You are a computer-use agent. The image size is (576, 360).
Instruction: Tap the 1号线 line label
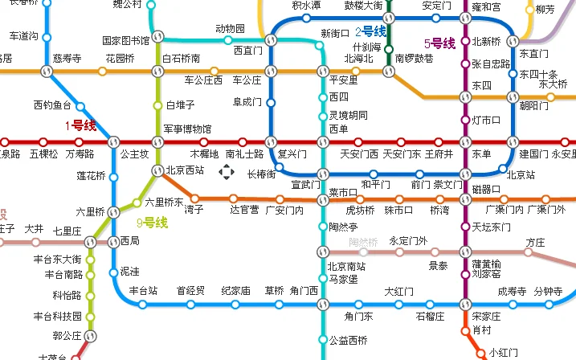pos(80,125)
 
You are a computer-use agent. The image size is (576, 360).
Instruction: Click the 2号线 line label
pos(370,32)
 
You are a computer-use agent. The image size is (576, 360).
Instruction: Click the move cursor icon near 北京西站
pos(227,171)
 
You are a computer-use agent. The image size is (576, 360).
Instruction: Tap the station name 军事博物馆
pos(187,129)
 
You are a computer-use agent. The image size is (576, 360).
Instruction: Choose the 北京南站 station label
pos(347,266)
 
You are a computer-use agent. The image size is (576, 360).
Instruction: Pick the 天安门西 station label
pos(359,153)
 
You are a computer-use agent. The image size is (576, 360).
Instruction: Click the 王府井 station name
pos(439,153)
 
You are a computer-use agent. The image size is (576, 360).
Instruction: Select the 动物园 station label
pos(230,29)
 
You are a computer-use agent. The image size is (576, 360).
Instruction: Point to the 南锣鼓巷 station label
pos(414,59)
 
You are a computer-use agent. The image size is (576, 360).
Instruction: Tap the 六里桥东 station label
pos(164,202)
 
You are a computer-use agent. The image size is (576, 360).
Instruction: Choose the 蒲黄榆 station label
pos(486,264)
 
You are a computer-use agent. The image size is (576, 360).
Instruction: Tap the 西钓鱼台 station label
pos(52,105)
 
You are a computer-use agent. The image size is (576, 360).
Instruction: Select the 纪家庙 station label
pos(235,290)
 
